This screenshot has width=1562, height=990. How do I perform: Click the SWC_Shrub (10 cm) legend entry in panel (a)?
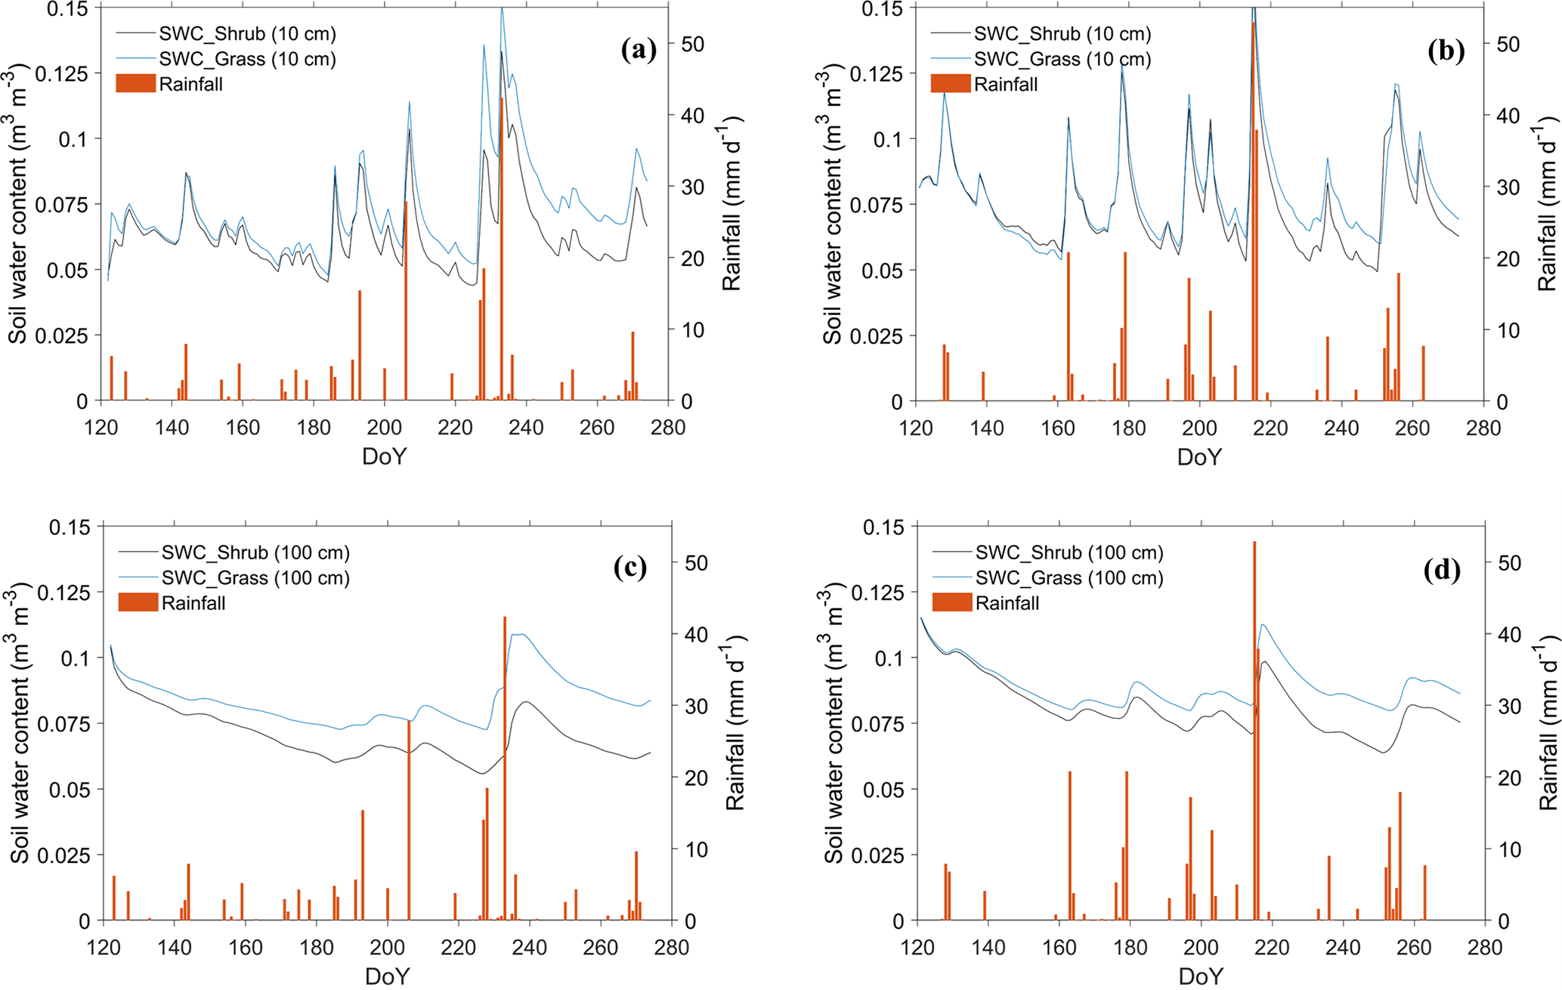[247, 34]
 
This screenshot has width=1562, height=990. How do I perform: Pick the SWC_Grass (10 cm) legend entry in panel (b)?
[1062, 59]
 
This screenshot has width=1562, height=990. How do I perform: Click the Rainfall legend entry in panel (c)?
[193, 603]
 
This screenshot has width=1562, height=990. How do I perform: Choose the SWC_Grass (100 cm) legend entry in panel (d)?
[1069, 578]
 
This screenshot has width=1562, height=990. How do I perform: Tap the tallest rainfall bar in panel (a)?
[501, 249]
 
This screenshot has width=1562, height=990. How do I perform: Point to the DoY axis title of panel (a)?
[384, 456]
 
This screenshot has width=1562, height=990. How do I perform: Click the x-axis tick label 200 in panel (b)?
[1199, 428]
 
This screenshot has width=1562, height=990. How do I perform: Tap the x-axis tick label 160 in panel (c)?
[246, 948]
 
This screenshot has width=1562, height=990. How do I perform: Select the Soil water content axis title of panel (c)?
[20, 723]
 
